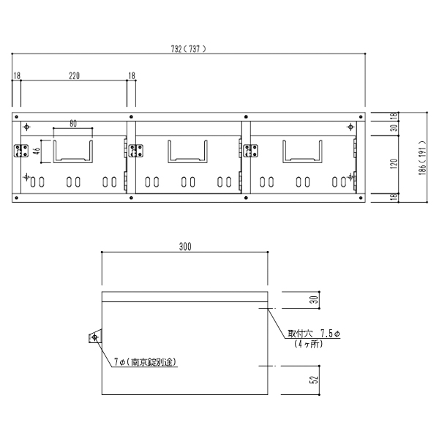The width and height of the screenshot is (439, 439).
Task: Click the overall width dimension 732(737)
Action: (188, 49)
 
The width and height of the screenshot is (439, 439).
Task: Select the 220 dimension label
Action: (74, 76)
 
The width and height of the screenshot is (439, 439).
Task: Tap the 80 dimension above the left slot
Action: (73, 124)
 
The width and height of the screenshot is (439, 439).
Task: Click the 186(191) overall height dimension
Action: (422, 157)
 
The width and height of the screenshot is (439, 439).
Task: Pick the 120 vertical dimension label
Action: (394, 164)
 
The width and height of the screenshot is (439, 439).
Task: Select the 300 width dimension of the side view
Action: (185, 247)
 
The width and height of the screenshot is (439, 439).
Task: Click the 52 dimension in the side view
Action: (315, 380)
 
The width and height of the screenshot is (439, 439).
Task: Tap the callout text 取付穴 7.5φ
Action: (314, 334)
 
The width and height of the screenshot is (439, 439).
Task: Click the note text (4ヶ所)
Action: (308, 344)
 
